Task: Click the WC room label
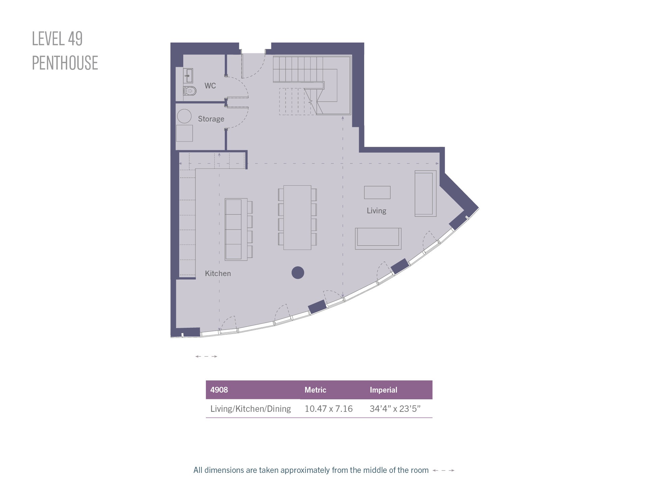[x=210, y=86]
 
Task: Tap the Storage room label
[x=211, y=119]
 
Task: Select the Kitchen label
[x=218, y=273]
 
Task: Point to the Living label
[x=376, y=211]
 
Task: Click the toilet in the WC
[x=190, y=91]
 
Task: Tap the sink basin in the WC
[x=188, y=76]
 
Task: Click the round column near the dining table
[x=298, y=272]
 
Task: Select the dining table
[x=297, y=217]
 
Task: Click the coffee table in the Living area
[x=377, y=192]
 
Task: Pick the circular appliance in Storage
[x=184, y=116]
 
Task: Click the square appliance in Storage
[x=185, y=133]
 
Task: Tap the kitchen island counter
[x=236, y=229]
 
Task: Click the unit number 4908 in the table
[x=219, y=390]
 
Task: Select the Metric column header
[x=315, y=390]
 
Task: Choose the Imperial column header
[x=383, y=390]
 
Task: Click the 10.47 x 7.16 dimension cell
[x=328, y=409]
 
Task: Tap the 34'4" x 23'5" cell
[x=395, y=409]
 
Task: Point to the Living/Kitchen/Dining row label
[x=250, y=409]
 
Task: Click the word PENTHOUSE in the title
[x=65, y=63]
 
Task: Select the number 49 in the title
[x=75, y=38]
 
